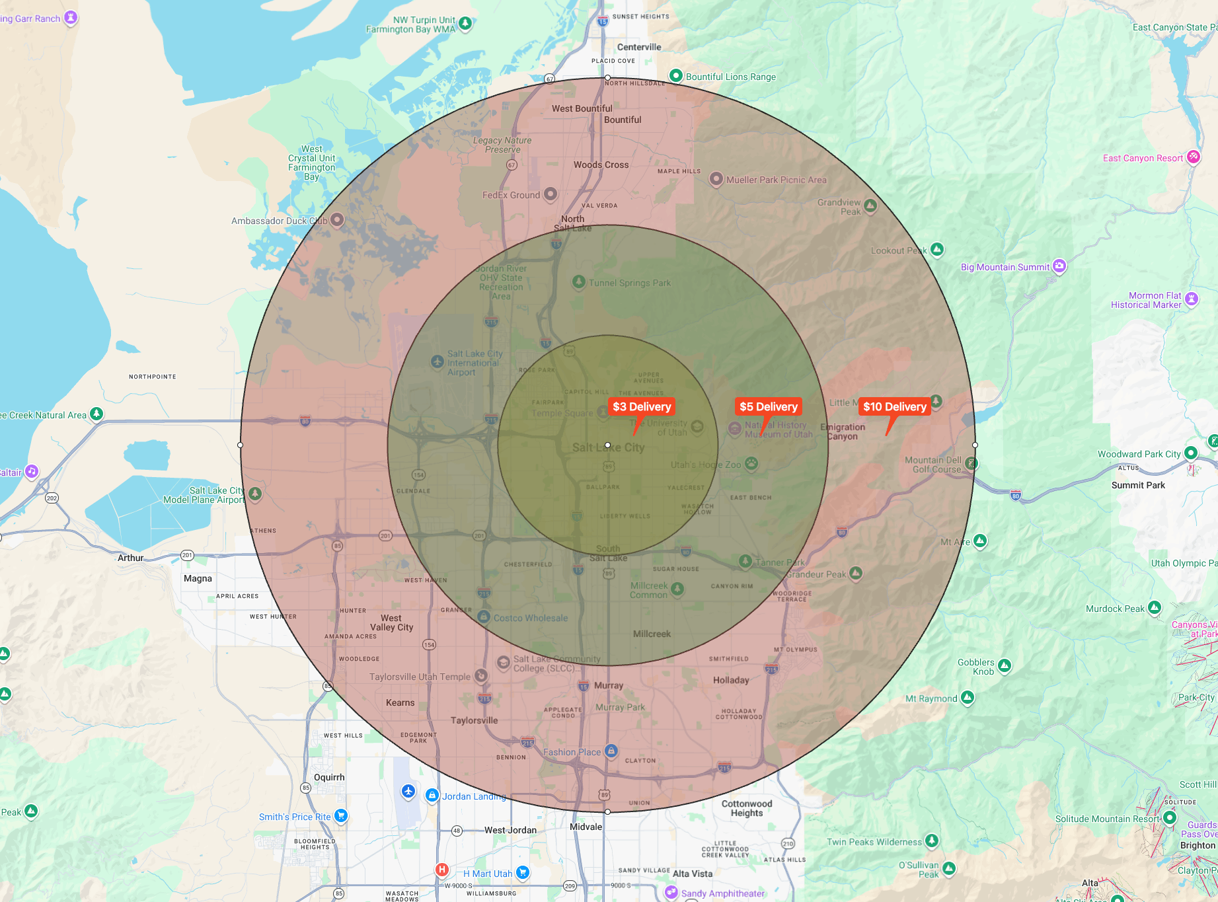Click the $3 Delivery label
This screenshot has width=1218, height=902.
tap(642, 406)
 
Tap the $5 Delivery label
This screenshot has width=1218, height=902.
tap(769, 406)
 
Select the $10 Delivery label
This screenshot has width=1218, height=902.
tap(895, 406)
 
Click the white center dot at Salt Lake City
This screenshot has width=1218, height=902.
tap(608, 445)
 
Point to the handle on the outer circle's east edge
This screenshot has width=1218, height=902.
tap(975, 445)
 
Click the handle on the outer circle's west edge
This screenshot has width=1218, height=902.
tap(241, 445)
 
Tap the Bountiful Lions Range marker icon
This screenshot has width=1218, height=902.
tap(675, 75)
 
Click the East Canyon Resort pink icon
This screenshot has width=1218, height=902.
tap(1193, 157)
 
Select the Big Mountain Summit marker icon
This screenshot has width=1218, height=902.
tap(1059, 266)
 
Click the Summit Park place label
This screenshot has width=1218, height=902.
tap(1138, 485)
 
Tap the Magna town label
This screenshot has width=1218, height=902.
tap(198, 578)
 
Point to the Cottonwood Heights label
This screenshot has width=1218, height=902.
tap(747, 808)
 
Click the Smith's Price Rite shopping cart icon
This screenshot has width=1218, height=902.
tap(341, 815)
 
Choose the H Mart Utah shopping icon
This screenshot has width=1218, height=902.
tap(523, 872)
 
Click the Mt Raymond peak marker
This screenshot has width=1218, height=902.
tap(968, 697)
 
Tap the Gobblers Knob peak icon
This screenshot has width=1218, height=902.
tap(1005, 665)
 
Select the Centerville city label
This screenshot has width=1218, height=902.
tap(639, 47)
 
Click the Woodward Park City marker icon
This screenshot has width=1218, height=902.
tap(1191, 453)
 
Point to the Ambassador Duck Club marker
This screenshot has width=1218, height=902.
tap(337, 219)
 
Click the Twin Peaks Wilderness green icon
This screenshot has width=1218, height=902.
tap(932, 841)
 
